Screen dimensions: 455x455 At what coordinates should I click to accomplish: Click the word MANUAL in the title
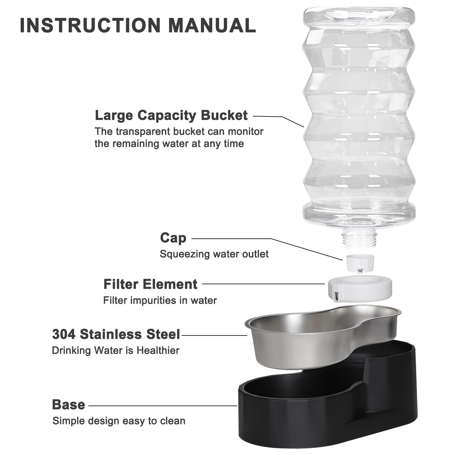click(212, 25)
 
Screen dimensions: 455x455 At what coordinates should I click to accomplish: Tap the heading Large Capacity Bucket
click(171, 116)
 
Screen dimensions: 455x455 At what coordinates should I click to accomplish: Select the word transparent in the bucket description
click(142, 132)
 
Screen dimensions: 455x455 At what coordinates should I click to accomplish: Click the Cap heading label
click(173, 238)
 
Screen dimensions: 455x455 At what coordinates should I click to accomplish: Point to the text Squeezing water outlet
click(214, 254)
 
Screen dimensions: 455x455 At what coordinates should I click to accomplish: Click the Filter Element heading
click(150, 284)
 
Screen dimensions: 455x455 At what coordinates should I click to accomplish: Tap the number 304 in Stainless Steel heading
click(64, 334)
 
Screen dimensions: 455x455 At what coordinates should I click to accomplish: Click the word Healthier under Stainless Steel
click(158, 350)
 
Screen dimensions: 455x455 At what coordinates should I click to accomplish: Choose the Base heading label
click(69, 405)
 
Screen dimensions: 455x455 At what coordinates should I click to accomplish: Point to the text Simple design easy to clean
click(119, 421)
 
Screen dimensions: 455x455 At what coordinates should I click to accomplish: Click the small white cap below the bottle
click(360, 263)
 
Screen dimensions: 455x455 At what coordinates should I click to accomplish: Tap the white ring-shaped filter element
click(359, 288)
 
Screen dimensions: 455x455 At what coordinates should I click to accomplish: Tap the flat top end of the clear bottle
click(359, 14)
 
